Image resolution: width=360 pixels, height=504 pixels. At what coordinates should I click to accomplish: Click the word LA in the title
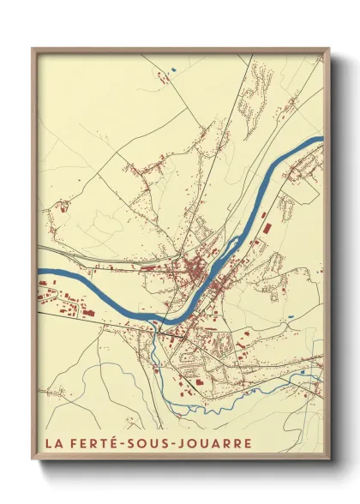point(53,444)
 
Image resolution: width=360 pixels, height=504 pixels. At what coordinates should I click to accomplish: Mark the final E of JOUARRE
point(248,444)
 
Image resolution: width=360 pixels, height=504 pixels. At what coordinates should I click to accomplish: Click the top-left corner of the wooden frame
point(33,49)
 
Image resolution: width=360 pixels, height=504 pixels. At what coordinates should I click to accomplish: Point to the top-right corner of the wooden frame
point(329,49)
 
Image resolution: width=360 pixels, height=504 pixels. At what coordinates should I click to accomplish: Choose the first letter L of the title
point(47,444)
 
